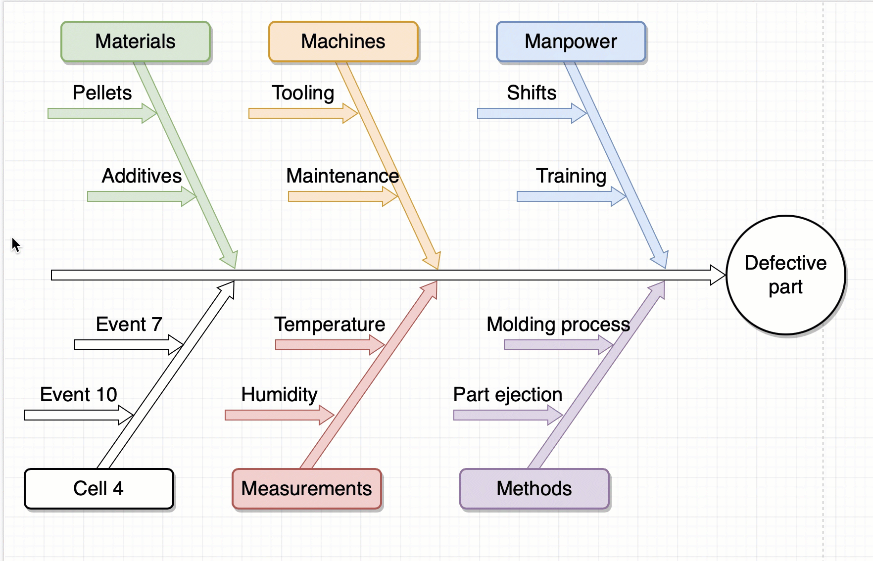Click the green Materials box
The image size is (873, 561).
coord(135,42)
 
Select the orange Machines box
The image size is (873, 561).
coord(343,42)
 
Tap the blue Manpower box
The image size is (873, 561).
coord(571,42)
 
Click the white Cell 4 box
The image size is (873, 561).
coord(98,488)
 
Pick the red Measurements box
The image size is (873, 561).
coord(306,488)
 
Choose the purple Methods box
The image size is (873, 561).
coord(534,488)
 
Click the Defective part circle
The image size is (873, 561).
coord(785,275)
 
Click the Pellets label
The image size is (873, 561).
coord(102,93)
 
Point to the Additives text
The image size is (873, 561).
coord(142,176)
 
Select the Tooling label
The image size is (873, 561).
coord(303,93)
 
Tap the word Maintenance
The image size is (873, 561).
coord(342,176)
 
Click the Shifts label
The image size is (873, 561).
coord(532,93)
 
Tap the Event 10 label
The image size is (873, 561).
coord(78,395)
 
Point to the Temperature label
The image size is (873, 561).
coord(330,325)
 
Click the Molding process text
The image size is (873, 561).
coord(558,325)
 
